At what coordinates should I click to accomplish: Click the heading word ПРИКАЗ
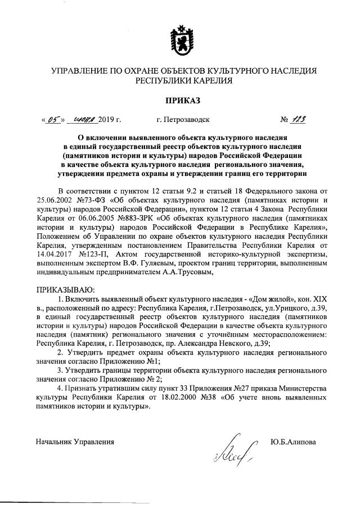pos(179,101)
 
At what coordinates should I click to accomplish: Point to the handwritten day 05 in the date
pos(54,119)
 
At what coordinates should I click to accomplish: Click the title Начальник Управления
pos(71,442)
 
